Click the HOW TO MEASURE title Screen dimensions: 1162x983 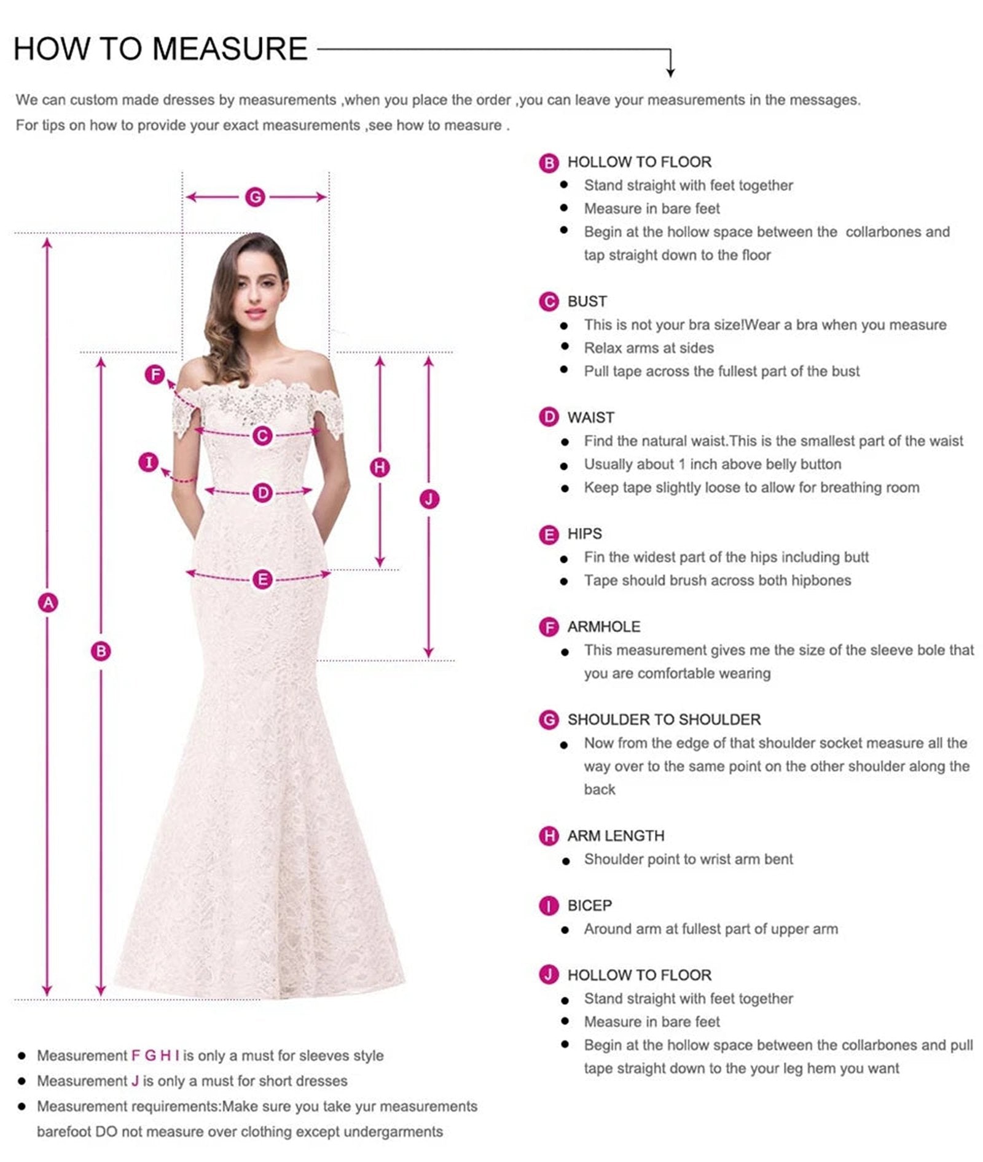[160, 49]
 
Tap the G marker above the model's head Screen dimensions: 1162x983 [255, 197]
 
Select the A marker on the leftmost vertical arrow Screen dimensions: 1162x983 [48, 602]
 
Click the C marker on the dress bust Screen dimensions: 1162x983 [262, 435]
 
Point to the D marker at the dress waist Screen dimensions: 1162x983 [262, 492]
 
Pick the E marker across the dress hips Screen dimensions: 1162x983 [262, 579]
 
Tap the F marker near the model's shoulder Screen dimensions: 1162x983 [155, 374]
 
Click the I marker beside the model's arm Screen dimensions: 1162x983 [149, 462]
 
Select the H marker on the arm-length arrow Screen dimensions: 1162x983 [380, 467]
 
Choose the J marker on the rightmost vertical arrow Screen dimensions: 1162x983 [429, 499]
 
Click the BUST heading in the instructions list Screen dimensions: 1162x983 [587, 302]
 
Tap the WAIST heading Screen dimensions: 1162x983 [590, 418]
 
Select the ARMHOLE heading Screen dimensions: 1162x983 [603, 626]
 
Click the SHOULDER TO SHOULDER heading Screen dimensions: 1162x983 [664, 719]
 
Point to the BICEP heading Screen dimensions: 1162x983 [589, 905]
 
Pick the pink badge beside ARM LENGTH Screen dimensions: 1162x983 [548, 836]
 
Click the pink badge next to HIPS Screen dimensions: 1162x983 [548, 534]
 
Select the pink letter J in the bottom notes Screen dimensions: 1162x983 [135, 1080]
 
